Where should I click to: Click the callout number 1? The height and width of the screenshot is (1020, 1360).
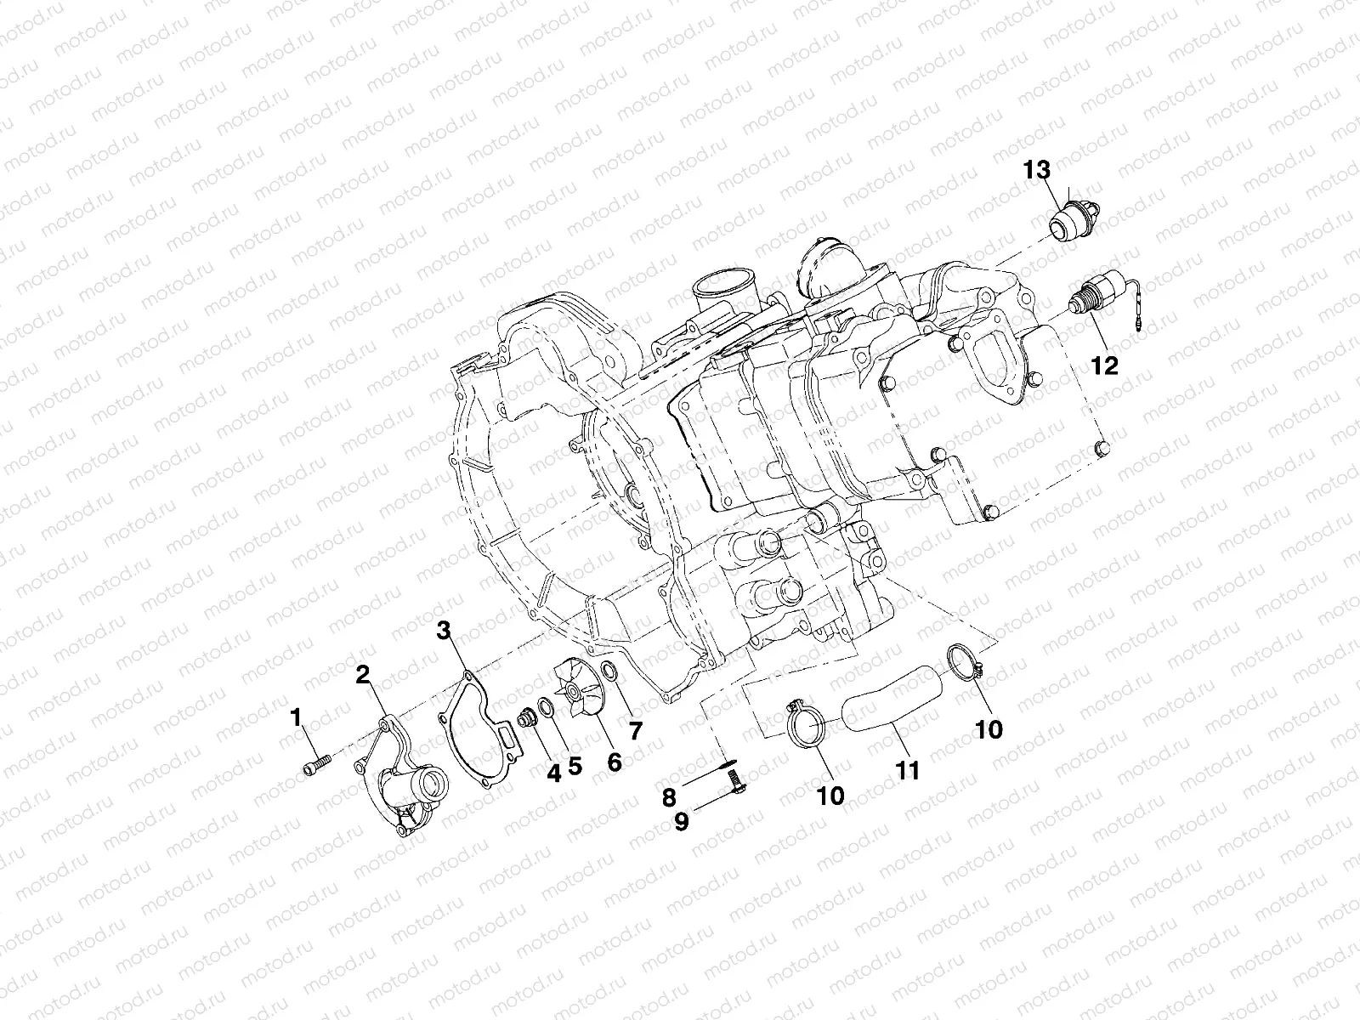pyautogui.click(x=296, y=718)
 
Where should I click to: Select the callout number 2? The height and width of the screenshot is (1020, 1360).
pyautogui.click(x=363, y=676)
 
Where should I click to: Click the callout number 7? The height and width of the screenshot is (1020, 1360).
pyautogui.click(x=636, y=729)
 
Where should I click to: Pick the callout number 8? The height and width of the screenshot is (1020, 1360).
pyautogui.click(x=669, y=797)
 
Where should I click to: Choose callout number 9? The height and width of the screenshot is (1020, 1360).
pyautogui.click(x=682, y=823)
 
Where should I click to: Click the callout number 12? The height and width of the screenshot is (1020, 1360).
pyautogui.click(x=1105, y=365)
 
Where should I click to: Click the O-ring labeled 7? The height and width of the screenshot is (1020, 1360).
pyautogui.click(x=609, y=680)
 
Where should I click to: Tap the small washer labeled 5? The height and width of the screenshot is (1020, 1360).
pyautogui.click(x=548, y=710)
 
